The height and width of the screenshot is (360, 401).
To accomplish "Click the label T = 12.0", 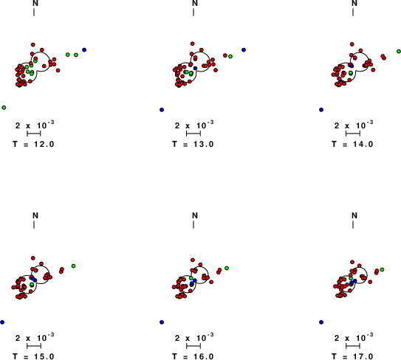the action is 33,145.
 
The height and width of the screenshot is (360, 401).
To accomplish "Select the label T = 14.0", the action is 352,145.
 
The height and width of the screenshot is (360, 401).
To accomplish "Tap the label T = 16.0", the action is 193,356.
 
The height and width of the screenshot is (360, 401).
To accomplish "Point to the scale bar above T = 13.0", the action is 193,134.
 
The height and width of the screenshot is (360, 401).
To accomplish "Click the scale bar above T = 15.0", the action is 34,346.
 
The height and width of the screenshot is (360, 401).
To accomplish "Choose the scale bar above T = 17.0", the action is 353,346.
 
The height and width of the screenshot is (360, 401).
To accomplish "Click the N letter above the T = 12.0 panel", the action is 35,4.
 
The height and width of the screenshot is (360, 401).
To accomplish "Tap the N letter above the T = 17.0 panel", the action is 354,216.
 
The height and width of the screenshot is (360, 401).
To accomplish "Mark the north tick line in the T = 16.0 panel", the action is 193,224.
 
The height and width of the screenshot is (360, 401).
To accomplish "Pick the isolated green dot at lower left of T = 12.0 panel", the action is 4,108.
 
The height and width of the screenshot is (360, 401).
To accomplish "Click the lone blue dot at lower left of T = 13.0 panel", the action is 162,110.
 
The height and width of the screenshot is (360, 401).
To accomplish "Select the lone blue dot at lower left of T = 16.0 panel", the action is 162,322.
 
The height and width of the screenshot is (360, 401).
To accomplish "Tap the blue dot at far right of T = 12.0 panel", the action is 84,50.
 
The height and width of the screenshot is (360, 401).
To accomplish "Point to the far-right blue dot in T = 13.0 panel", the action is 244,50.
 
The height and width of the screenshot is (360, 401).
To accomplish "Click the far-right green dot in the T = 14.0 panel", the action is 399,52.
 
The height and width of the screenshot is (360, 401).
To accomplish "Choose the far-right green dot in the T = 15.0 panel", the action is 73,266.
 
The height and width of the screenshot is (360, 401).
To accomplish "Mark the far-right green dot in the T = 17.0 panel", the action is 382,269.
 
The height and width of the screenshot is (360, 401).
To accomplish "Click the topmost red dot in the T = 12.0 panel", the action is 33,45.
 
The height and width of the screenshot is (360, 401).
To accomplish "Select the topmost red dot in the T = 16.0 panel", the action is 193,260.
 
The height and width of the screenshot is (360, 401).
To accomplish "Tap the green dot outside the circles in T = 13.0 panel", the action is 230,57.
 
